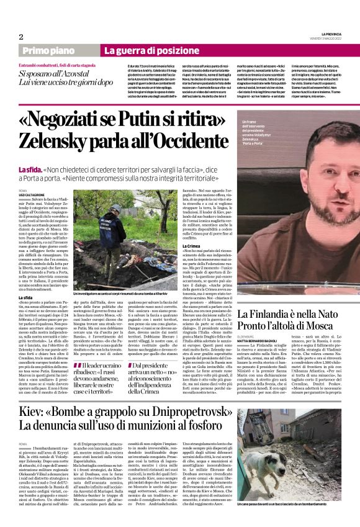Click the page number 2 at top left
(x=21, y=37)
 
